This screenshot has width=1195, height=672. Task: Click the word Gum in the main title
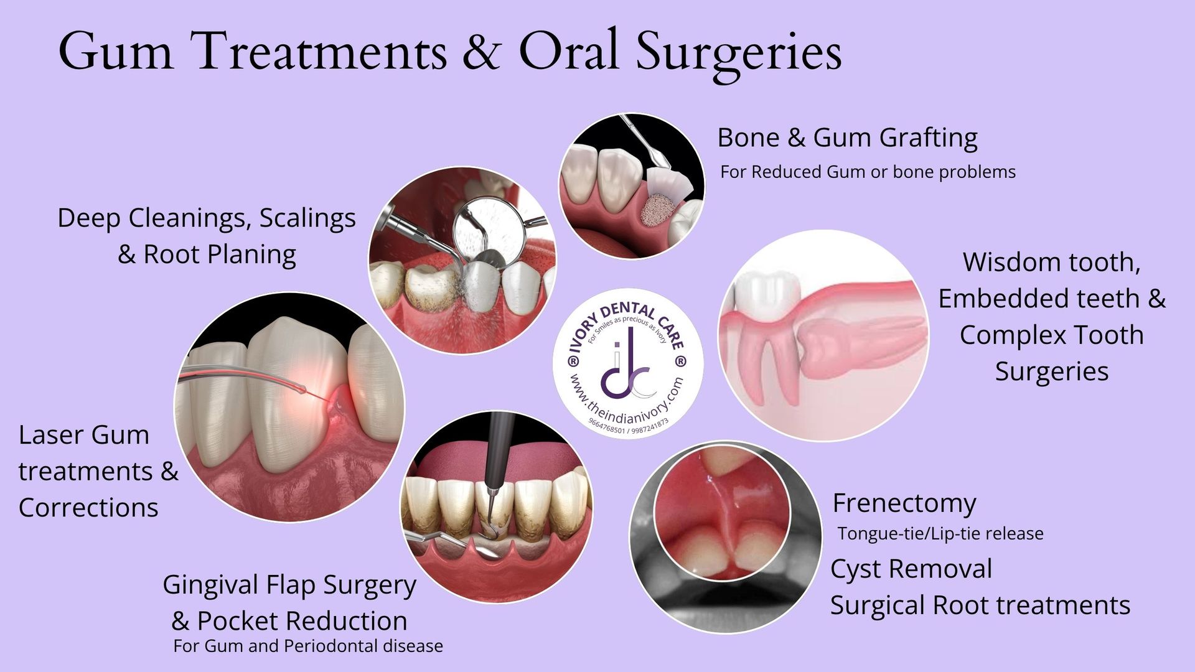pos(116,51)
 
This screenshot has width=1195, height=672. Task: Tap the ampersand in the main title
pos(481,51)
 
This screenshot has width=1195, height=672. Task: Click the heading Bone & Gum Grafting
pos(847,138)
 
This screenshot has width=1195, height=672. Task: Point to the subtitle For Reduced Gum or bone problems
pos(868,172)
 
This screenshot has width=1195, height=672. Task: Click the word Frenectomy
pos(904,503)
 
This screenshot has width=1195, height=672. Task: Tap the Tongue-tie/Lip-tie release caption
pos(940,534)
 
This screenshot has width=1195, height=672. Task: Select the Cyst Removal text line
pos(911,569)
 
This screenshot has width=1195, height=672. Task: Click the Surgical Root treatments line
pos(980,605)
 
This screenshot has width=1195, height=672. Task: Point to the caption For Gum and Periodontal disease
pos(308,646)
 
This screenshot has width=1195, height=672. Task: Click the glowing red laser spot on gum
pos(339,398)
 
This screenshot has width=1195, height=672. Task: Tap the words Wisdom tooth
pos(1052,262)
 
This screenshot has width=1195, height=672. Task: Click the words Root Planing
pos(220,254)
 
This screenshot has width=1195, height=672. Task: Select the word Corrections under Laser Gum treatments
pos(88,508)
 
